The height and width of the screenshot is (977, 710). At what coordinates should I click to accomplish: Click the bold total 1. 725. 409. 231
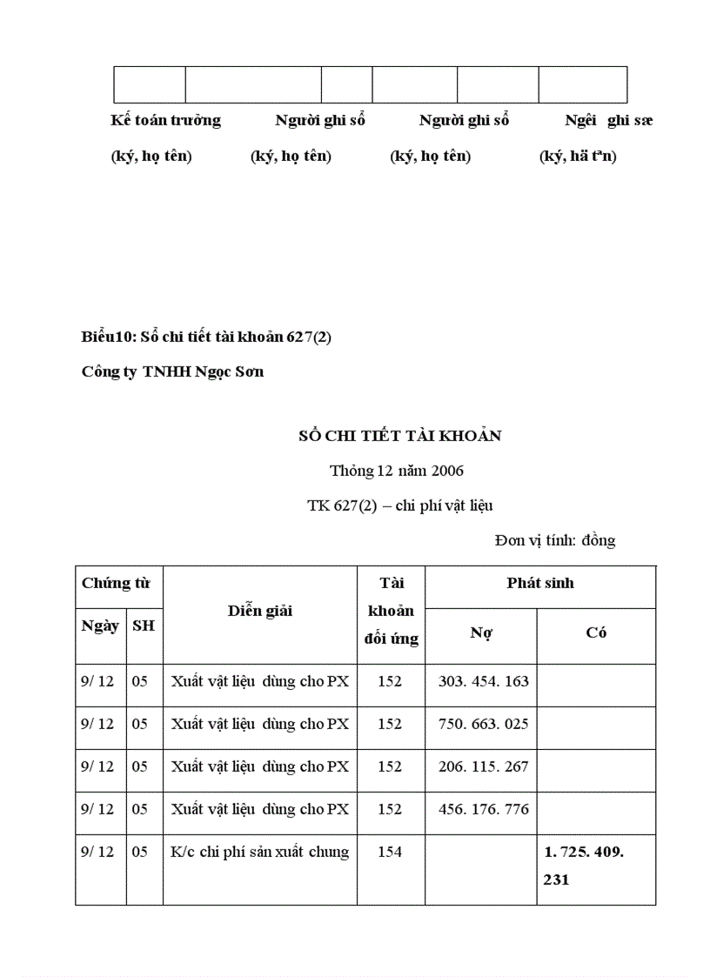(584, 866)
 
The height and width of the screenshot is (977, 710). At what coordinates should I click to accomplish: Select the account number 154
(390, 852)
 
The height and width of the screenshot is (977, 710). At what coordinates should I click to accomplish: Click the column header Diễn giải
(260, 611)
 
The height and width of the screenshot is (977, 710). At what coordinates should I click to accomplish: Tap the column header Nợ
(481, 633)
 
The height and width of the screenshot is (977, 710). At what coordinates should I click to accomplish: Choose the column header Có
(596, 633)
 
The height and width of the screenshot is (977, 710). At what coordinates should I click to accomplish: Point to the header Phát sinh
(540, 584)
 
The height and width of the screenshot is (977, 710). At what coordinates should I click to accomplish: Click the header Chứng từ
(116, 584)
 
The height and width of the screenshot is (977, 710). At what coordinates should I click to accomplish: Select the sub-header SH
(144, 626)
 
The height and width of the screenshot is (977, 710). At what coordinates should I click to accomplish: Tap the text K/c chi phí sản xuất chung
(260, 852)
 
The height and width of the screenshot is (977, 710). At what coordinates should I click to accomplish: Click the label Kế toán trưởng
(165, 120)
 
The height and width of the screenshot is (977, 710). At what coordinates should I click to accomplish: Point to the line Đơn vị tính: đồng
(555, 540)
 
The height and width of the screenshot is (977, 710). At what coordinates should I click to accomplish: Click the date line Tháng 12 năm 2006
(397, 471)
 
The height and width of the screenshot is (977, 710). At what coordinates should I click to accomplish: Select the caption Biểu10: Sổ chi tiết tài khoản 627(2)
(206, 338)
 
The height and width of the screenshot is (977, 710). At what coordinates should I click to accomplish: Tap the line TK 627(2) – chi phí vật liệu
(400, 505)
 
